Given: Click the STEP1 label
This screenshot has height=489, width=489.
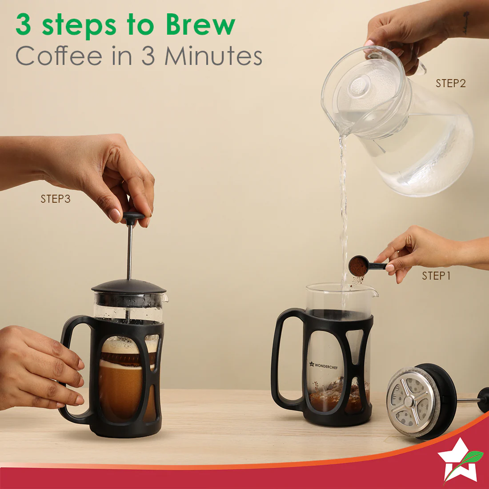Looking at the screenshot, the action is (x=436, y=276).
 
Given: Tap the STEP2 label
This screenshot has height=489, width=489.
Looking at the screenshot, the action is (x=451, y=83).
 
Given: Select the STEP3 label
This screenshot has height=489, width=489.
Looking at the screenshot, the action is (x=56, y=199).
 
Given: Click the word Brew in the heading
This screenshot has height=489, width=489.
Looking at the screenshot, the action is (x=200, y=24).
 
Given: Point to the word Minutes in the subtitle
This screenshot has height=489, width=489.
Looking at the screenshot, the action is (x=213, y=56).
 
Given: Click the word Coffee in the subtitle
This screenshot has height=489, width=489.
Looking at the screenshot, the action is (x=59, y=56).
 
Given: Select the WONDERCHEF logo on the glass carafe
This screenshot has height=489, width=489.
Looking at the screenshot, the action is (x=323, y=365).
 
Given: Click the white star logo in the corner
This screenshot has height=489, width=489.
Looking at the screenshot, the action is (x=458, y=461).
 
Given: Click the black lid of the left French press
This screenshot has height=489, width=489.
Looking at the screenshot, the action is (x=128, y=286).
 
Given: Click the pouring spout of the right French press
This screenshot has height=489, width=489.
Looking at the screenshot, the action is (x=373, y=292).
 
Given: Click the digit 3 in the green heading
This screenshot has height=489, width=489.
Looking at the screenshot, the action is (x=23, y=24).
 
